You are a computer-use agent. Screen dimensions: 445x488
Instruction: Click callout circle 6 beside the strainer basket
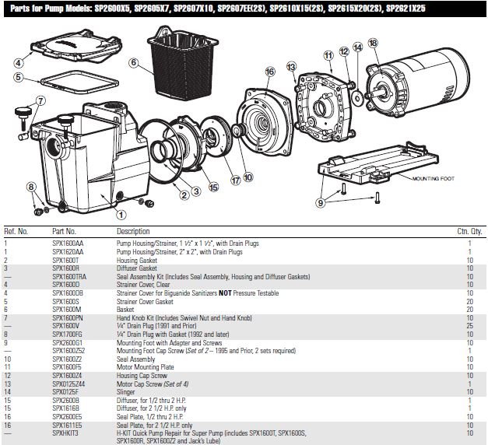click(134, 63)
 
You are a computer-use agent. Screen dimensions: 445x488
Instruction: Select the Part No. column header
click(65, 231)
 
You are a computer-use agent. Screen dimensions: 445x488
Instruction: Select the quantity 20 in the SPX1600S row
click(469, 301)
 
